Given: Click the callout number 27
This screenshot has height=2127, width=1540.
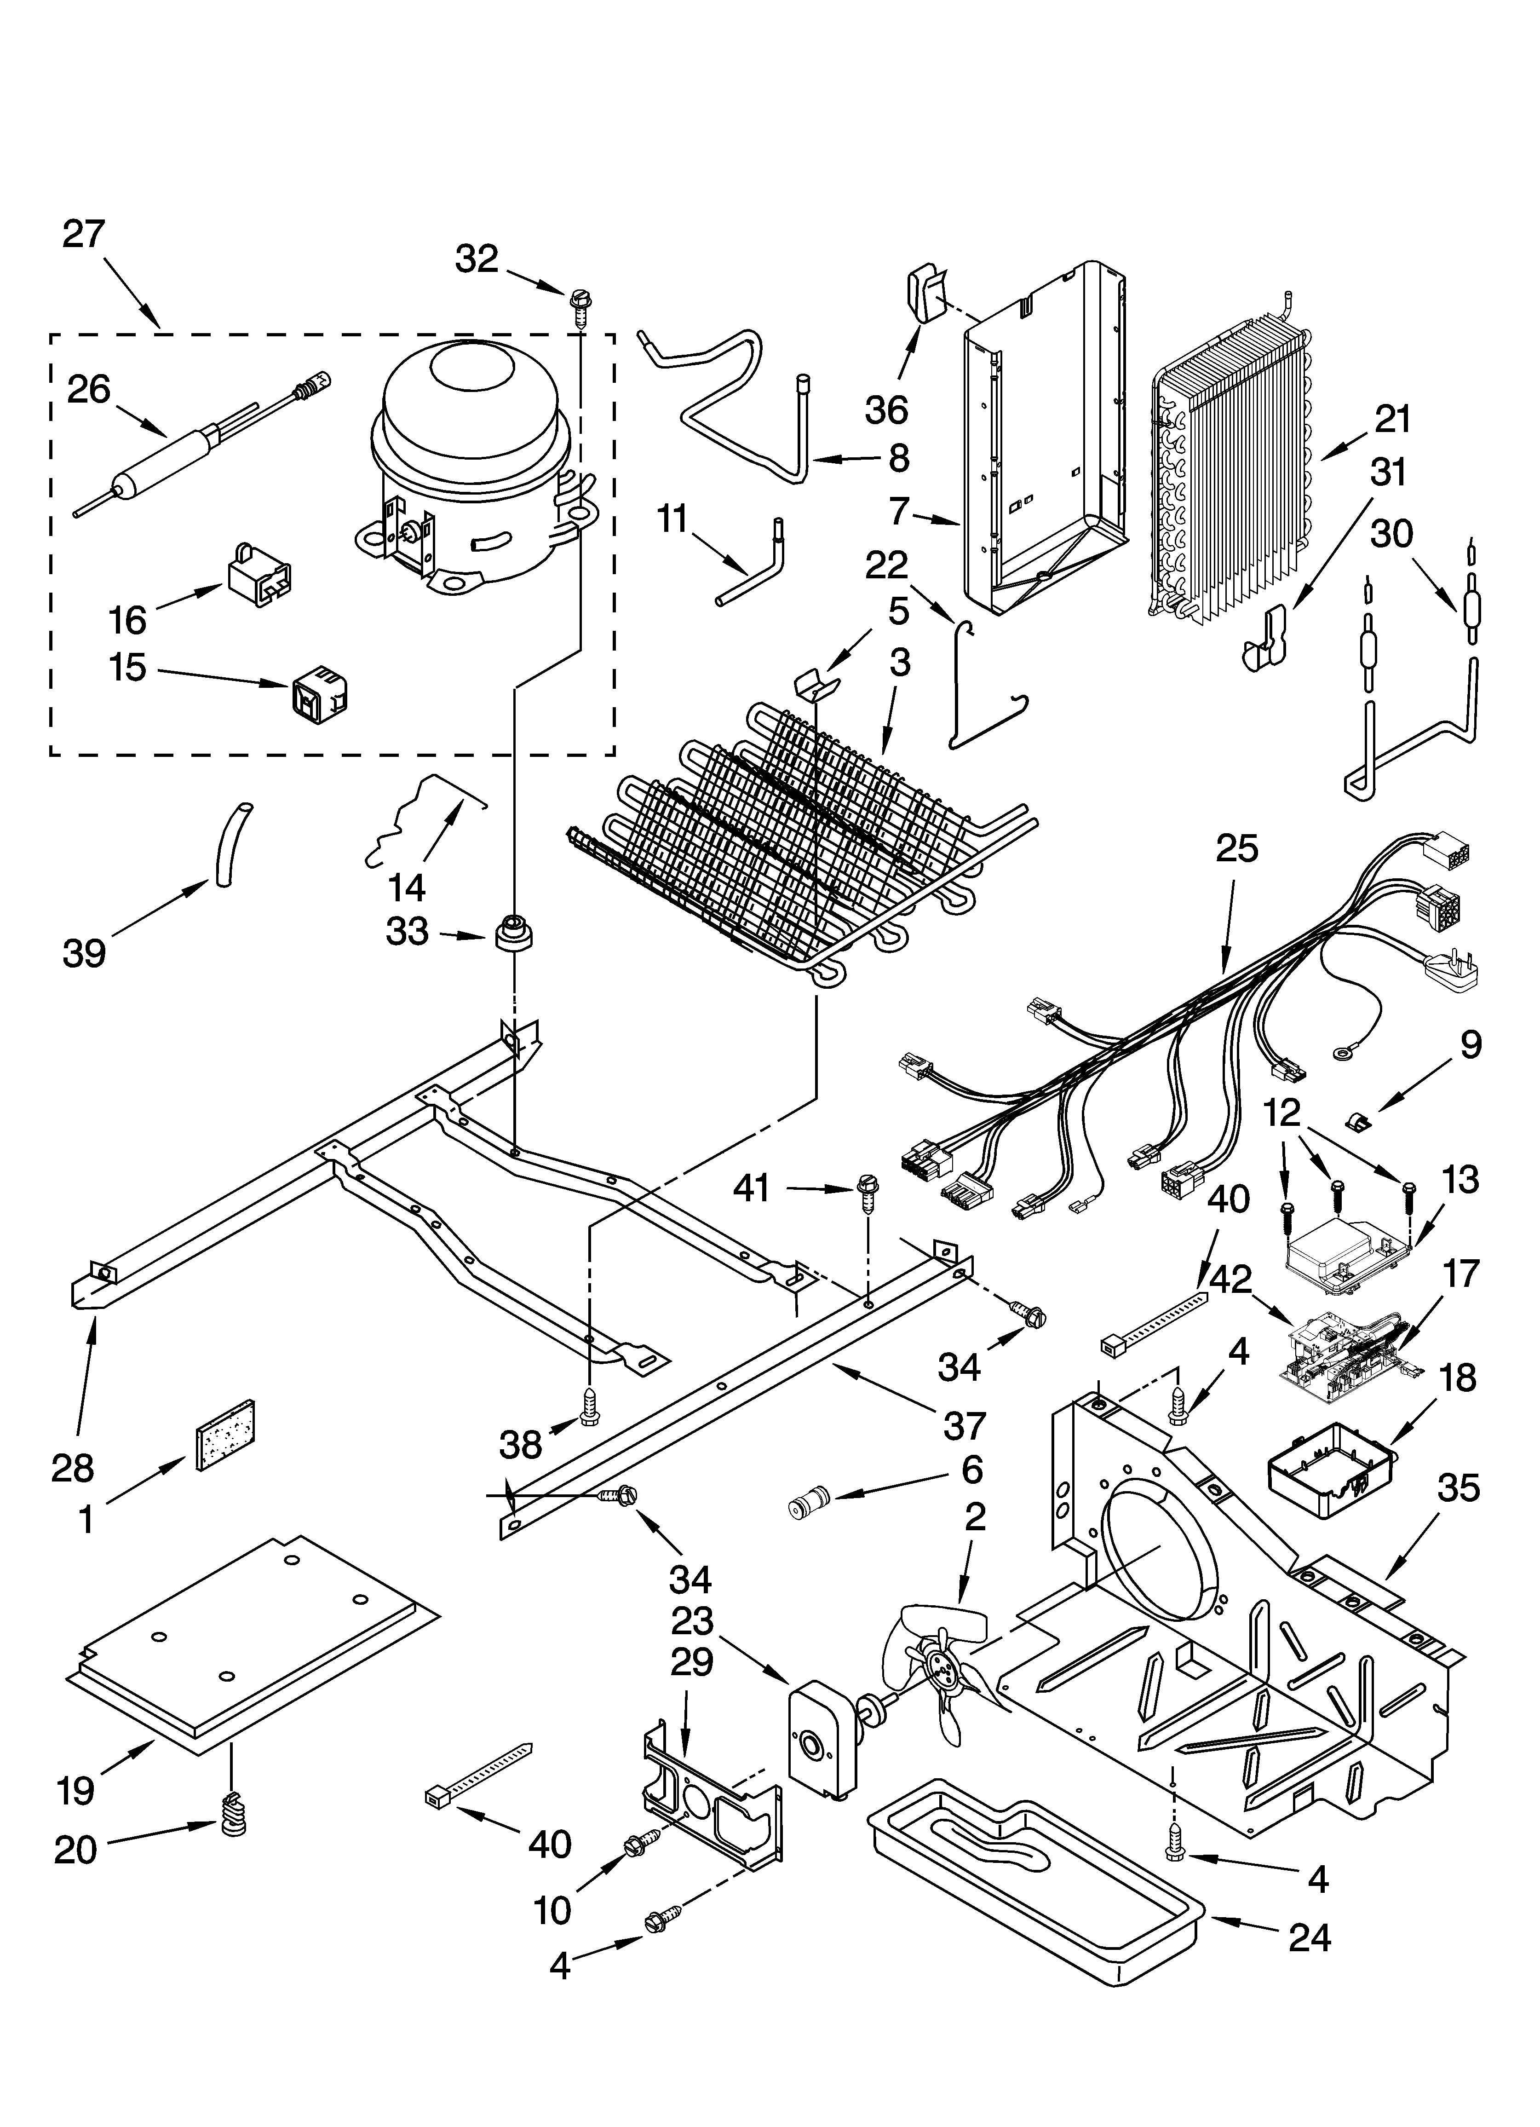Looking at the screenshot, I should tap(85, 234).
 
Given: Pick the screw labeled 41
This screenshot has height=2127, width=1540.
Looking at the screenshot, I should tap(866, 1191).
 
